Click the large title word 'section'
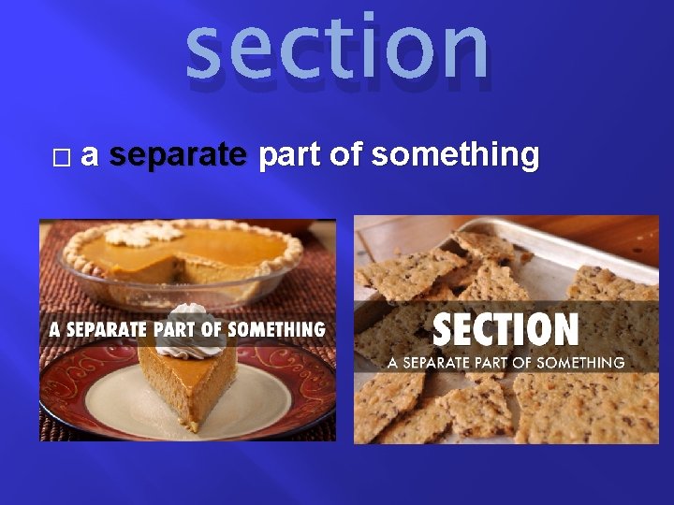click(337, 49)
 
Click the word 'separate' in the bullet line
click(178, 155)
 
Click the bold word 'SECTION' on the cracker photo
click(505, 329)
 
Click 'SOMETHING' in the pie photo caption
click(276, 329)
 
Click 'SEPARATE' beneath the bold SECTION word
click(442, 362)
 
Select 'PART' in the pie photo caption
click(173, 329)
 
